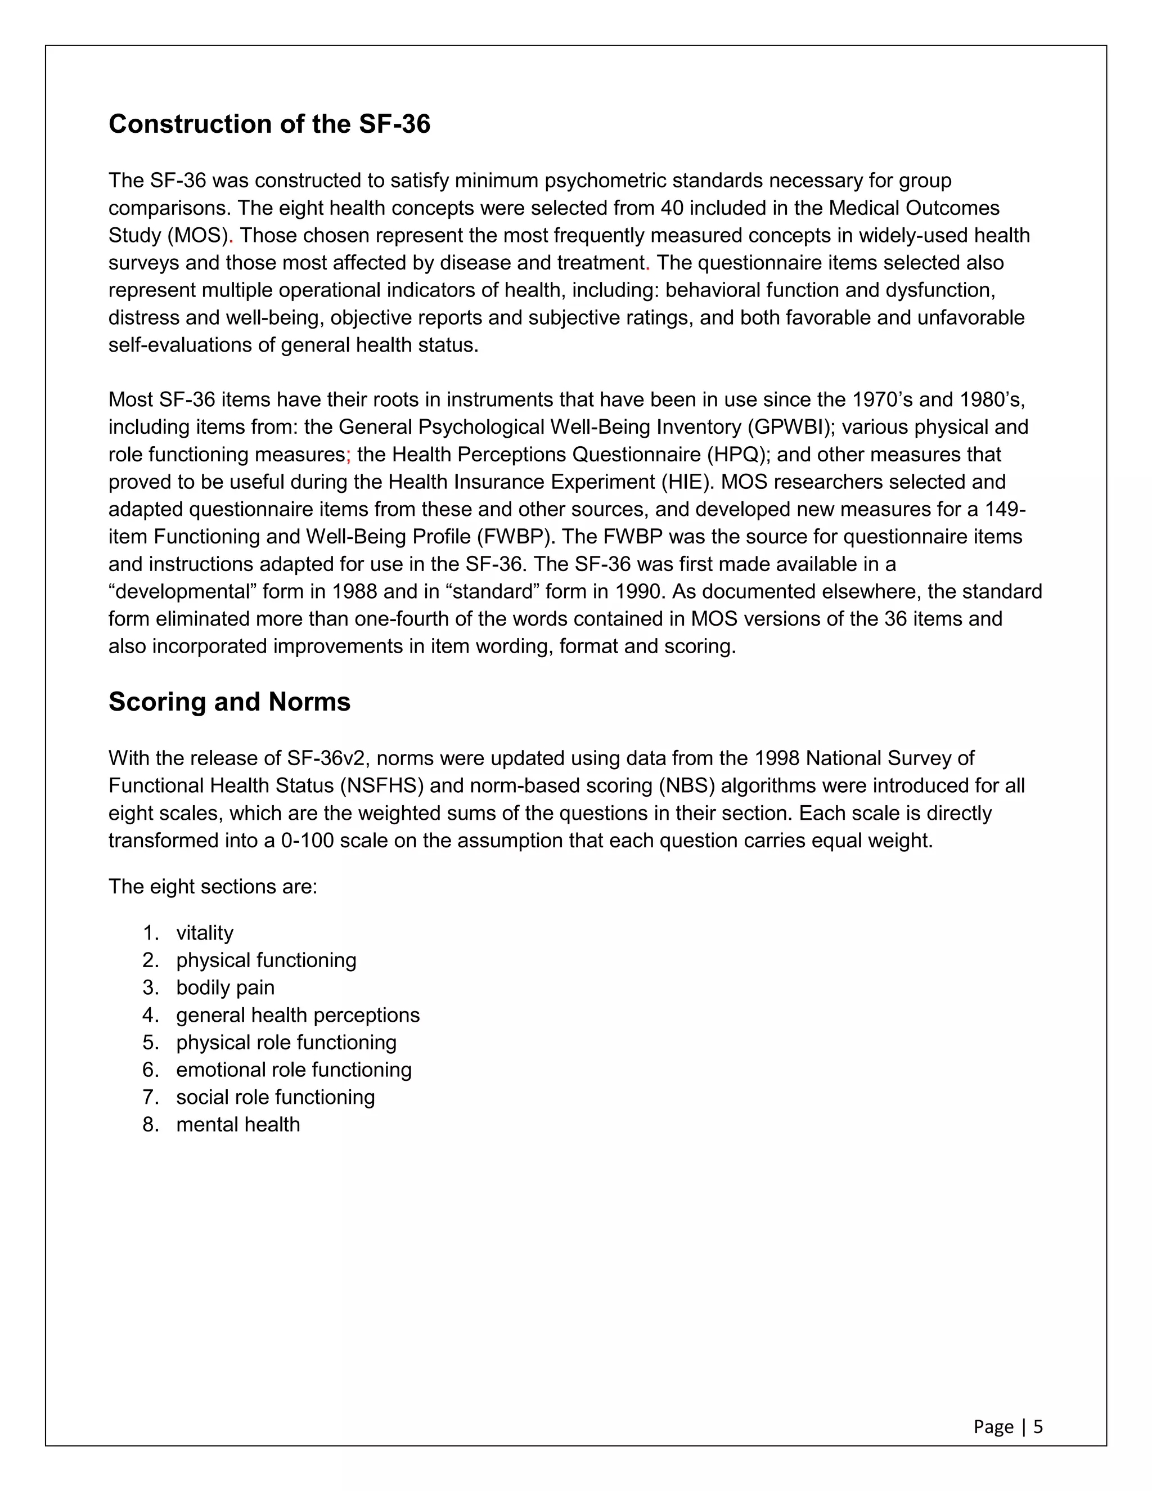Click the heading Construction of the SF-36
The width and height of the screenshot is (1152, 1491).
pos(269,124)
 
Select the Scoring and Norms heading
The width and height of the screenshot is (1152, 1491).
pos(229,702)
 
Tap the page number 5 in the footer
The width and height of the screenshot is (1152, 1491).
pos(1038,1427)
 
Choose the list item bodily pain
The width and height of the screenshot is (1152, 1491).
pos(225,987)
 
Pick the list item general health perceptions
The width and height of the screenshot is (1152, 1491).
pos(298,1015)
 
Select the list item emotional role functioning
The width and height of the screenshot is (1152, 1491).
pos(294,1070)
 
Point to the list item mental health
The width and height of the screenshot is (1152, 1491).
pos(237,1124)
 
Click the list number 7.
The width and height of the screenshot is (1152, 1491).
pos(150,1097)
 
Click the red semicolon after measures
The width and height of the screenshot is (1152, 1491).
pos(348,455)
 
